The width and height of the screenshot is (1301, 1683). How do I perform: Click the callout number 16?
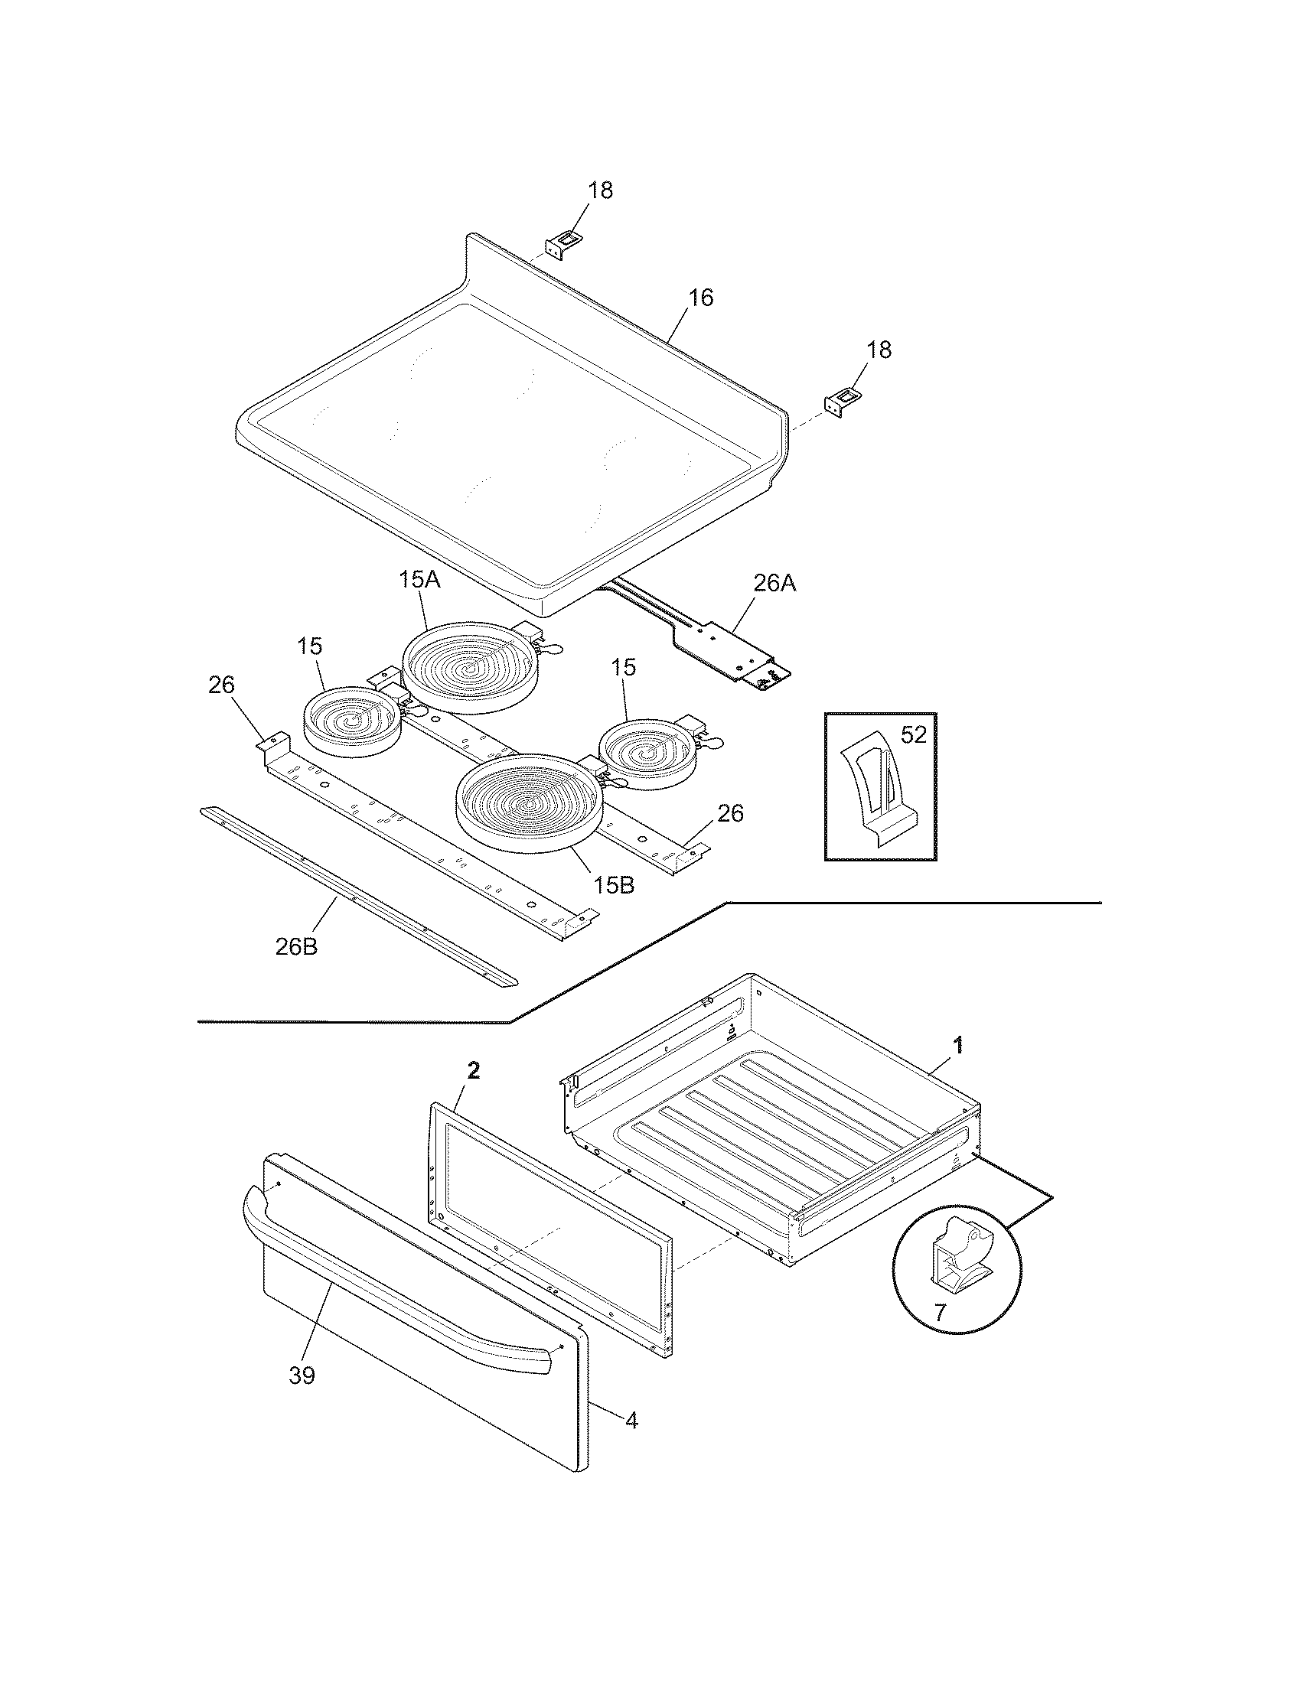point(700,298)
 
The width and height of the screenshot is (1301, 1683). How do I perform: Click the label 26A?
point(774,584)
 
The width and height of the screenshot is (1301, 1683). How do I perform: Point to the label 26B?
point(296,946)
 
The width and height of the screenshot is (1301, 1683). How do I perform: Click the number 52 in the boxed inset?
point(913,734)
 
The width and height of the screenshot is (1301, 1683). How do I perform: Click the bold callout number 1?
point(958,1045)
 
